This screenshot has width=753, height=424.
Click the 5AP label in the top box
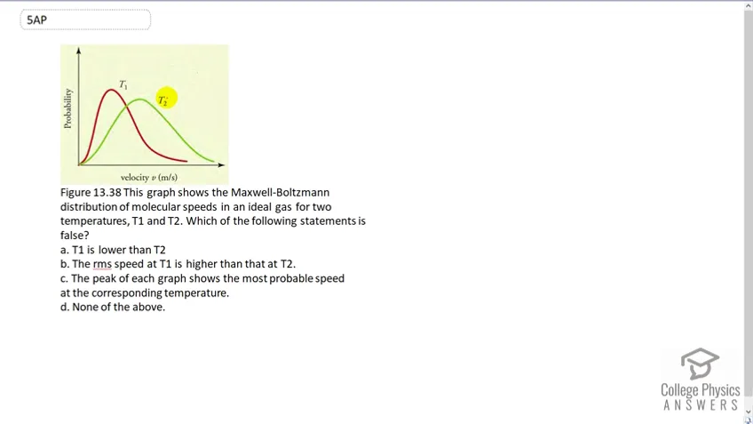(37, 20)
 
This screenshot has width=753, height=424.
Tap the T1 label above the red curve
(123, 84)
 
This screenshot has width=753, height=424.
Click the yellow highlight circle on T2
(166, 98)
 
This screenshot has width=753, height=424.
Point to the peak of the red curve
(111, 90)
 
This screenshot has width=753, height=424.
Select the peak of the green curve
(139, 100)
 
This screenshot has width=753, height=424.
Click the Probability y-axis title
(67, 108)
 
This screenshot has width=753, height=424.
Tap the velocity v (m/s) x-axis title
(149, 178)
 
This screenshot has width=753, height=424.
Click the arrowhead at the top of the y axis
(79, 50)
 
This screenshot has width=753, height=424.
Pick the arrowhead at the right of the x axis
(221, 165)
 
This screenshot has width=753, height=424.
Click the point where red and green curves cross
(127, 107)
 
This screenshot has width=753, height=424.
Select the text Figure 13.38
(91, 192)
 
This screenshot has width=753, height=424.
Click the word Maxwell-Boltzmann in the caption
(280, 192)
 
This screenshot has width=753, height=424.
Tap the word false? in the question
(75, 235)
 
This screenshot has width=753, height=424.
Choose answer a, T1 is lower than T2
(113, 250)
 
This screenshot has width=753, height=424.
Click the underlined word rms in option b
(102, 264)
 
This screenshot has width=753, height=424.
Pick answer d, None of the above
(113, 308)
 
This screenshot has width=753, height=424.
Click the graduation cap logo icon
(700, 364)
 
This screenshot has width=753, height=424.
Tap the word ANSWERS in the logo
(701, 405)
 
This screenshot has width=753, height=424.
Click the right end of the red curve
(186, 161)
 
